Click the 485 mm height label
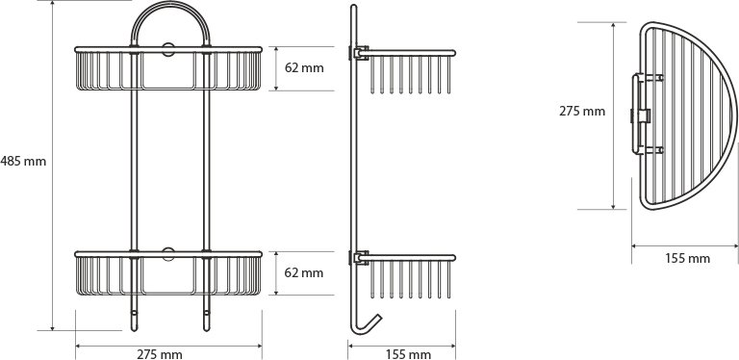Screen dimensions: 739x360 point(23,162)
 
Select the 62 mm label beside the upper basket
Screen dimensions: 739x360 point(304,67)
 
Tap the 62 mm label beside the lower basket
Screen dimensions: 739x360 point(304,272)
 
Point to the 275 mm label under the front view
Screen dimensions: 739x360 point(160,354)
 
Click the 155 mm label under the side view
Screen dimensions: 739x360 point(409,354)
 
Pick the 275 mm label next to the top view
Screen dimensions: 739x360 point(582,112)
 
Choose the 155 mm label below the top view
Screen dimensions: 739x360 point(688,258)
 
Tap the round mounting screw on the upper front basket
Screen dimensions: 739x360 point(168,49)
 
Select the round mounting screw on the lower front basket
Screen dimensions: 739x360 point(168,254)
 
